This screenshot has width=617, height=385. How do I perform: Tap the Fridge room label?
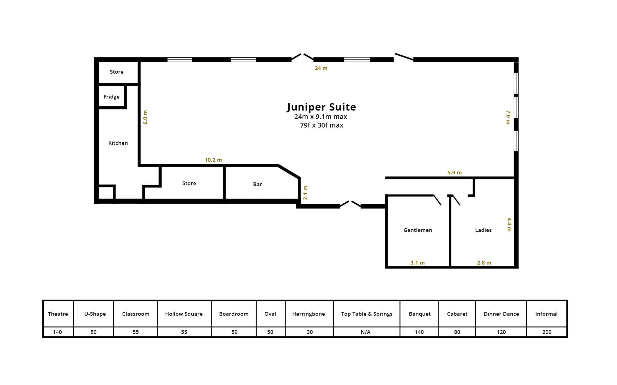tap(111, 97)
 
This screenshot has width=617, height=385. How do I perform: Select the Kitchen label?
tap(118, 143)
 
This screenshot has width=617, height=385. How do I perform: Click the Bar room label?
tap(257, 184)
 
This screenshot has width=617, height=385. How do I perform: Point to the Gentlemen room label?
tap(418, 230)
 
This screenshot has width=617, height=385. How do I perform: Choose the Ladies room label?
tap(483, 230)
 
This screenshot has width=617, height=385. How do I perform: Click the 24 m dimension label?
tap(321, 68)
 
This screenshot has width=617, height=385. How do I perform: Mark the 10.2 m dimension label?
tap(213, 160)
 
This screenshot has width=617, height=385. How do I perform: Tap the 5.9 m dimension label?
tap(455, 172)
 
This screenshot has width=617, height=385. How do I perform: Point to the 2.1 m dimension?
tap(305, 192)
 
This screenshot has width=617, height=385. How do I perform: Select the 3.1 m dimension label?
tap(418, 263)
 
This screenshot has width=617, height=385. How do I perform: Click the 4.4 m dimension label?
tap(509, 225)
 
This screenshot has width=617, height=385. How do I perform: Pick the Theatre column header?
tap(58, 314)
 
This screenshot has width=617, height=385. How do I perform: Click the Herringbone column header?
tap(308, 314)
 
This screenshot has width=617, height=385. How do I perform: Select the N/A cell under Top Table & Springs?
tap(366, 332)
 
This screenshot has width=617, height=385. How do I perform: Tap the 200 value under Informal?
tap(547, 332)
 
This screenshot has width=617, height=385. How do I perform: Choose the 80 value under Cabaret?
tap(457, 332)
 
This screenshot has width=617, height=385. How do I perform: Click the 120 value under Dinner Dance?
tap(501, 332)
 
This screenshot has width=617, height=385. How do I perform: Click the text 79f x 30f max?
tap(322, 125)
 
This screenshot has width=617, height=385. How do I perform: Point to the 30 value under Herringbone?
tap(310, 332)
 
